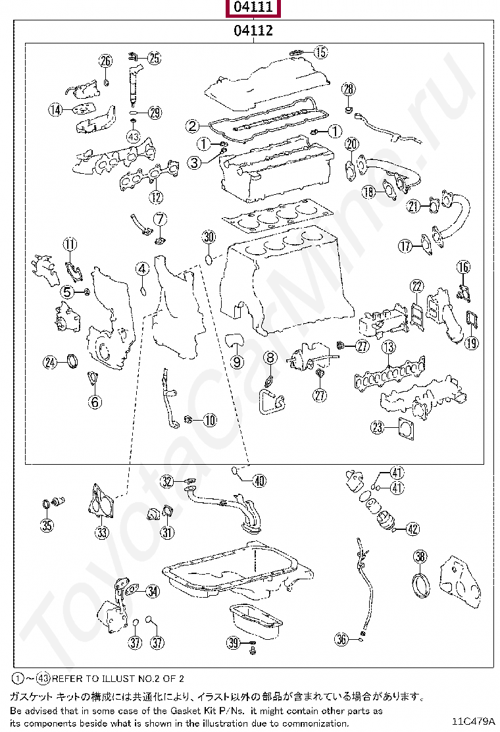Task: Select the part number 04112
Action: click(253, 30)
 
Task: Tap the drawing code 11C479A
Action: click(472, 720)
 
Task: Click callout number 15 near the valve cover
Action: click(320, 52)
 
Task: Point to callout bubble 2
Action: click(192, 126)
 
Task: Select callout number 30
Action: click(209, 238)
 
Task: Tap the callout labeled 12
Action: click(155, 196)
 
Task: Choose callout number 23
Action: click(377, 428)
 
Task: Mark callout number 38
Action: click(420, 557)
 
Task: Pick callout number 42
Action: click(413, 528)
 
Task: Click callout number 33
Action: click(102, 532)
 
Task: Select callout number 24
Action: click(51, 361)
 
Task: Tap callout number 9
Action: click(237, 361)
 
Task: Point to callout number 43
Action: click(134, 136)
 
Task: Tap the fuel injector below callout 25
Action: click(134, 83)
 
